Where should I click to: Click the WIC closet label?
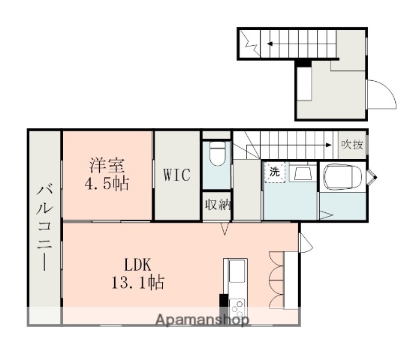[177, 175]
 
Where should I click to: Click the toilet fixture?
[217, 155]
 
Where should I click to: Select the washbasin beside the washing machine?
[303, 174]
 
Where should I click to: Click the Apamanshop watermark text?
[202, 320]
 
